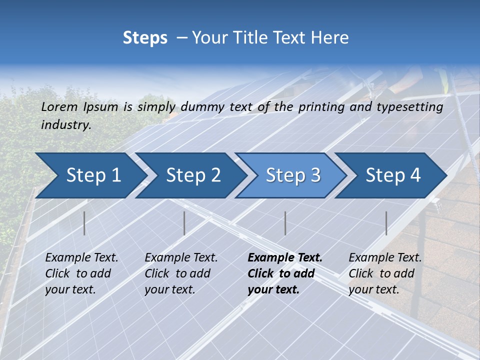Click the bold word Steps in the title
145,38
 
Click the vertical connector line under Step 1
84,223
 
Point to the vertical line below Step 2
184,223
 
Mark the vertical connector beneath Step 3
285,223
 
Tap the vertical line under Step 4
386,223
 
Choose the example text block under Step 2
180,273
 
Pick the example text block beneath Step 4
384,273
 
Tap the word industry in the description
65,125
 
